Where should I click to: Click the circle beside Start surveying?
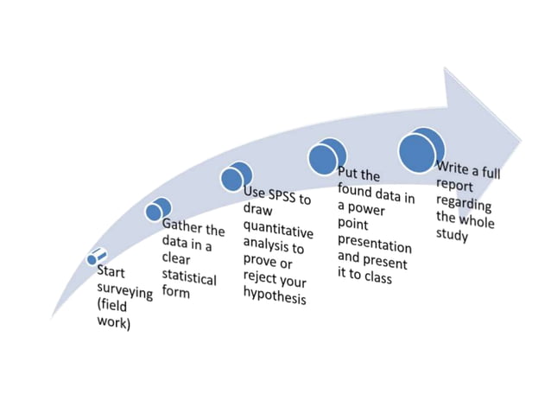click(96, 257)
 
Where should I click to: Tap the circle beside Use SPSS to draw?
click(235, 176)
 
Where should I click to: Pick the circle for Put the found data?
click(326, 157)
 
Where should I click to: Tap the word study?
click(452, 236)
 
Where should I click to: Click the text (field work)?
click(113, 315)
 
